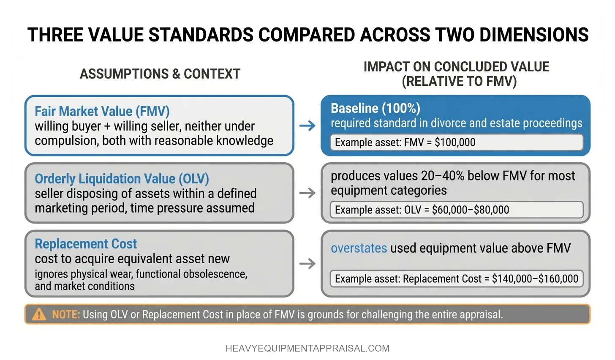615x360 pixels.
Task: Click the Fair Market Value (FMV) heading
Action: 102,111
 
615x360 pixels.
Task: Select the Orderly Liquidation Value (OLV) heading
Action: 122,179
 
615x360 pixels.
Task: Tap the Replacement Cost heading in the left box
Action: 86,244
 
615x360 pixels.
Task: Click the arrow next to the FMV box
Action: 307,125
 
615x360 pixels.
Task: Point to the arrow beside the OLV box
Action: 307,193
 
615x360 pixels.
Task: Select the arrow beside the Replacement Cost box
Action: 307,264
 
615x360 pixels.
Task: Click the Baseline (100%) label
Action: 375,108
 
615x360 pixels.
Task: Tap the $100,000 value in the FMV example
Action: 455,142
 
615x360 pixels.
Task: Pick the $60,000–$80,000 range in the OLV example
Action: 470,210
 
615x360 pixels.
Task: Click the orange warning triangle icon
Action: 39,314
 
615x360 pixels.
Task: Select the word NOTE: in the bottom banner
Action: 66,314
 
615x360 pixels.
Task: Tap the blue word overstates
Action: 359,248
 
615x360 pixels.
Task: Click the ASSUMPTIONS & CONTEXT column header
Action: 160,74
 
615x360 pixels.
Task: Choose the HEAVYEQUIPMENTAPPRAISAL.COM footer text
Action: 307,348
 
